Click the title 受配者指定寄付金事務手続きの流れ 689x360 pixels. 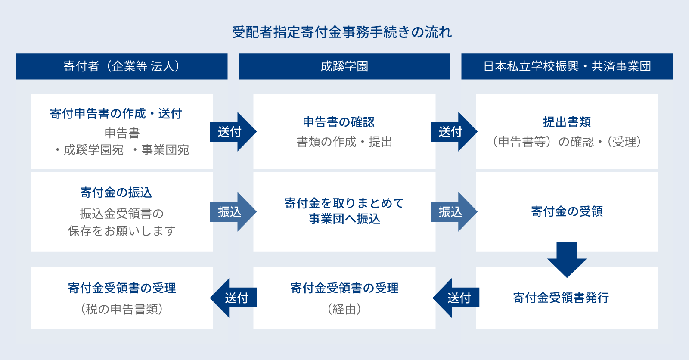tap(342, 32)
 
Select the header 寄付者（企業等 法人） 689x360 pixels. tap(122, 66)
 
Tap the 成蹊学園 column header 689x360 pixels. tap(344, 66)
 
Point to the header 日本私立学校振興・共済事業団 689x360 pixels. tap(567, 66)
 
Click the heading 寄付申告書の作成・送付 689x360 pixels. tap(116, 114)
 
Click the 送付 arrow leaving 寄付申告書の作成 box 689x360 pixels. tap(233, 132)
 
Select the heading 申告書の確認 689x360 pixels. tap(338, 122)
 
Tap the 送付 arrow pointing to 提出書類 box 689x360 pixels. tap(454, 132)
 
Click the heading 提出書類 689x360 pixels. tap(567, 122)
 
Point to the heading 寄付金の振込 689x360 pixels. tap(116, 192)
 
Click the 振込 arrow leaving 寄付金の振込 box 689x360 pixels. tap(233, 212)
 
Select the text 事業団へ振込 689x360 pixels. tap(344, 219)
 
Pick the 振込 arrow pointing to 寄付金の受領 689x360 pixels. tap(454, 212)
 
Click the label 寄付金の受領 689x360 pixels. tap(567, 211)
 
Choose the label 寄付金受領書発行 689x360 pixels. tap(561, 298)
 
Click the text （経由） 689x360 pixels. tap(344, 309)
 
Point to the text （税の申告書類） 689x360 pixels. tap(122, 309)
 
